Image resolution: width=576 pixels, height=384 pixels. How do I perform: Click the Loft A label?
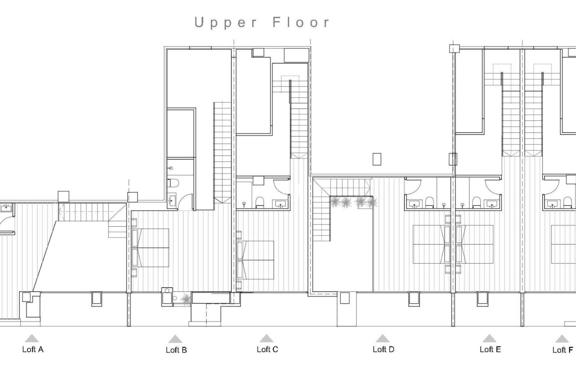(x=33, y=349)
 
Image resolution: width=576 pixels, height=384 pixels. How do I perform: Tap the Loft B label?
(x=176, y=350)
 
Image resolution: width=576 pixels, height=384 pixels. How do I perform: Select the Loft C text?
(x=267, y=349)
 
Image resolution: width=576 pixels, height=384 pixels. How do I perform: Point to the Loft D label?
(x=383, y=349)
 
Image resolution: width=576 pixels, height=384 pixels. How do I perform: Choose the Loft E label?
(x=490, y=349)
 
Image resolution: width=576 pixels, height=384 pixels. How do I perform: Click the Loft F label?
(x=562, y=350)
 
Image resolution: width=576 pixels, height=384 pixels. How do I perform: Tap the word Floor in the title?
(x=301, y=23)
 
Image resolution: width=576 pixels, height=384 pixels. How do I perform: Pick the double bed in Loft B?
(x=151, y=247)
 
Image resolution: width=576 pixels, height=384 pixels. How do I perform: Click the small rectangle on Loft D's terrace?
(x=377, y=159)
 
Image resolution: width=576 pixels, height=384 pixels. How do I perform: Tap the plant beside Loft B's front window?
(x=186, y=299)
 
